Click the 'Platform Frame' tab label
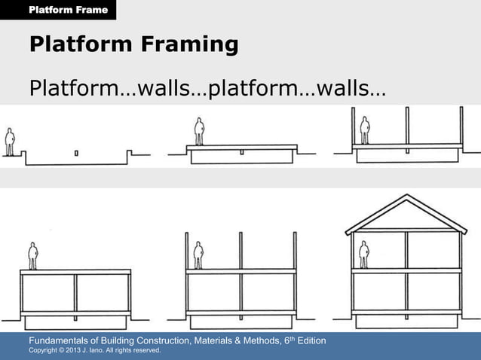coord(68,10)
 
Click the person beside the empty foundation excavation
coord(10,142)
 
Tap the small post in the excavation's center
coord(76,154)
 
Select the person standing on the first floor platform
coord(199,131)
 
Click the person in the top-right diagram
coord(365,130)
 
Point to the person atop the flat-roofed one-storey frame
coord(32,255)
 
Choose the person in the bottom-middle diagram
coord(198,255)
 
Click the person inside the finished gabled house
coord(364,255)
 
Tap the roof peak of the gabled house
coord(406,197)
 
